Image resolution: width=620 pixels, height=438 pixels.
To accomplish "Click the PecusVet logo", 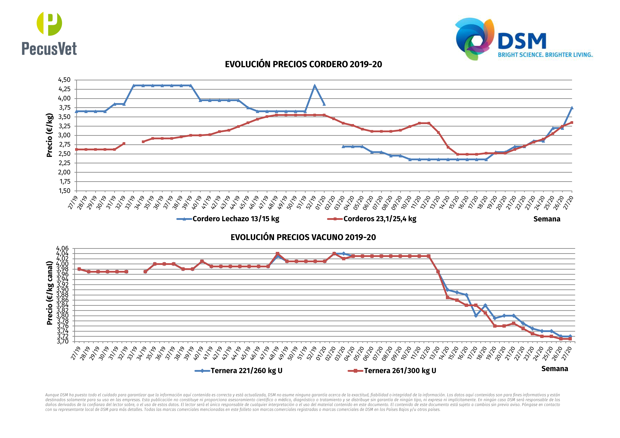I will [49, 34].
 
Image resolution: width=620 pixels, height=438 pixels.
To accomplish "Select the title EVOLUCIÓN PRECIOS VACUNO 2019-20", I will [303, 237].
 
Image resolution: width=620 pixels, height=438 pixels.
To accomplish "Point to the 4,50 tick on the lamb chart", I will [64, 80].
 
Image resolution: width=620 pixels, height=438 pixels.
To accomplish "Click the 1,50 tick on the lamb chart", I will [64, 191].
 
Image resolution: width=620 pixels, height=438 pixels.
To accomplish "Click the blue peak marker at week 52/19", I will [315, 86].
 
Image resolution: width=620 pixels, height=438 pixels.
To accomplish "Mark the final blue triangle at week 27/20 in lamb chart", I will [572, 108].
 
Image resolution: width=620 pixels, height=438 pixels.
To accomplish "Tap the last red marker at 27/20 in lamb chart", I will [572, 123].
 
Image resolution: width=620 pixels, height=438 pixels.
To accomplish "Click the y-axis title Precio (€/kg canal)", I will [49, 293].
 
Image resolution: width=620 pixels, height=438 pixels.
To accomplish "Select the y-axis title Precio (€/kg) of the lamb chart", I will [49, 135].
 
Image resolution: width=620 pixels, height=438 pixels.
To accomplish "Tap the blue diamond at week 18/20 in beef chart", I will [485, 306].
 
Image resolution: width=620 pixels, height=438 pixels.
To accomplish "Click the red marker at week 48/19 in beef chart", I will [277, 254].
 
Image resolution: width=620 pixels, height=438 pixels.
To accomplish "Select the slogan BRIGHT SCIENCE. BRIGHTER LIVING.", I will [545, 55].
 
